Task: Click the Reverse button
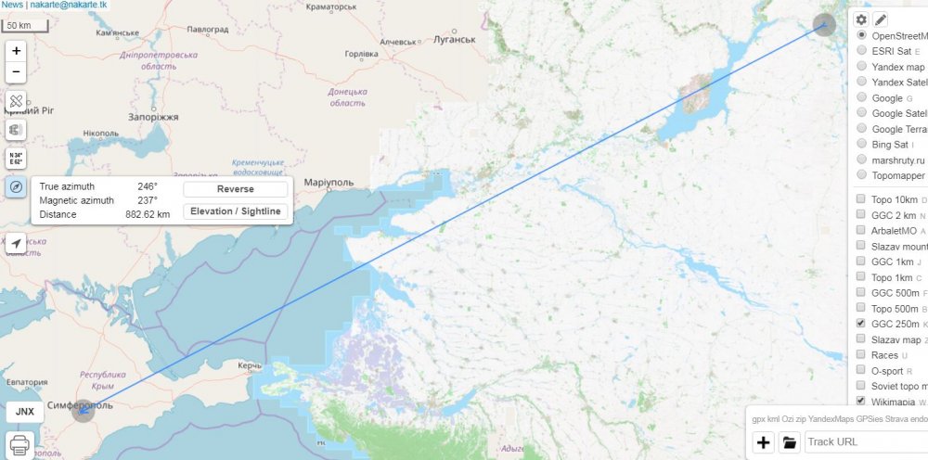(x=235, y=189)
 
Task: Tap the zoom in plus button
(x=16, y=51)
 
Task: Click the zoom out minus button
(x=16, y=71)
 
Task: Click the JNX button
(x=25, y=411)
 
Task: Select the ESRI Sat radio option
(x=862, y=50)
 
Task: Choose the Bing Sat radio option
(x=862, y=144)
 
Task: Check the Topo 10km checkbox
(x=861, y=198)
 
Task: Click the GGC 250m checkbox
(x=861, y=324)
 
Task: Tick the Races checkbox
(x=861, y=355)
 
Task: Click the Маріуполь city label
(x=329, y=183)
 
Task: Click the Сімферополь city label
(x=54, y=405)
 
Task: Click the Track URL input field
(x=865, y=441)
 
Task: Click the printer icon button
(x=21, y=444)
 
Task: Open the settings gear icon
(x=861, y=19)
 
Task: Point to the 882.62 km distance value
(x=148, y=214)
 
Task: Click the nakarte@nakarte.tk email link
(x=68, y=5)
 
